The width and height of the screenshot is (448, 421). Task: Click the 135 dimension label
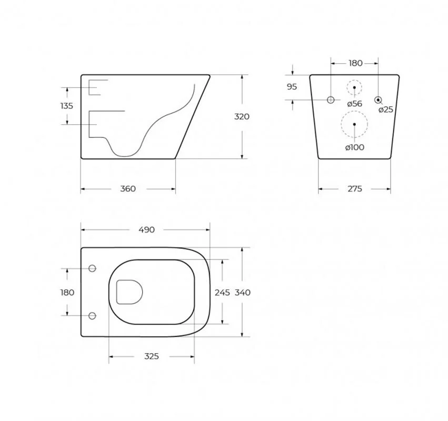point(66,106)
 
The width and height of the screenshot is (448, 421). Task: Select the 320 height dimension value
point(242,116)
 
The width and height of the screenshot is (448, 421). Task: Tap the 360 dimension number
point(128,189)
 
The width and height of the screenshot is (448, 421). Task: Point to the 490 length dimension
point(146,229)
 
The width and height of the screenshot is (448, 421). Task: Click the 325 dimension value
point(152,356)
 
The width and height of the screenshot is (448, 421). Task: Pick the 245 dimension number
point(222,293)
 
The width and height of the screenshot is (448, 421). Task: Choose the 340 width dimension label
point(243,293)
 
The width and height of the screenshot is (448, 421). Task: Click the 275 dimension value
point(355,189)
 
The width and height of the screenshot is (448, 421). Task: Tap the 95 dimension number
point(292,87)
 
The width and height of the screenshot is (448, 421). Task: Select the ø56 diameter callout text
point(355,103)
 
